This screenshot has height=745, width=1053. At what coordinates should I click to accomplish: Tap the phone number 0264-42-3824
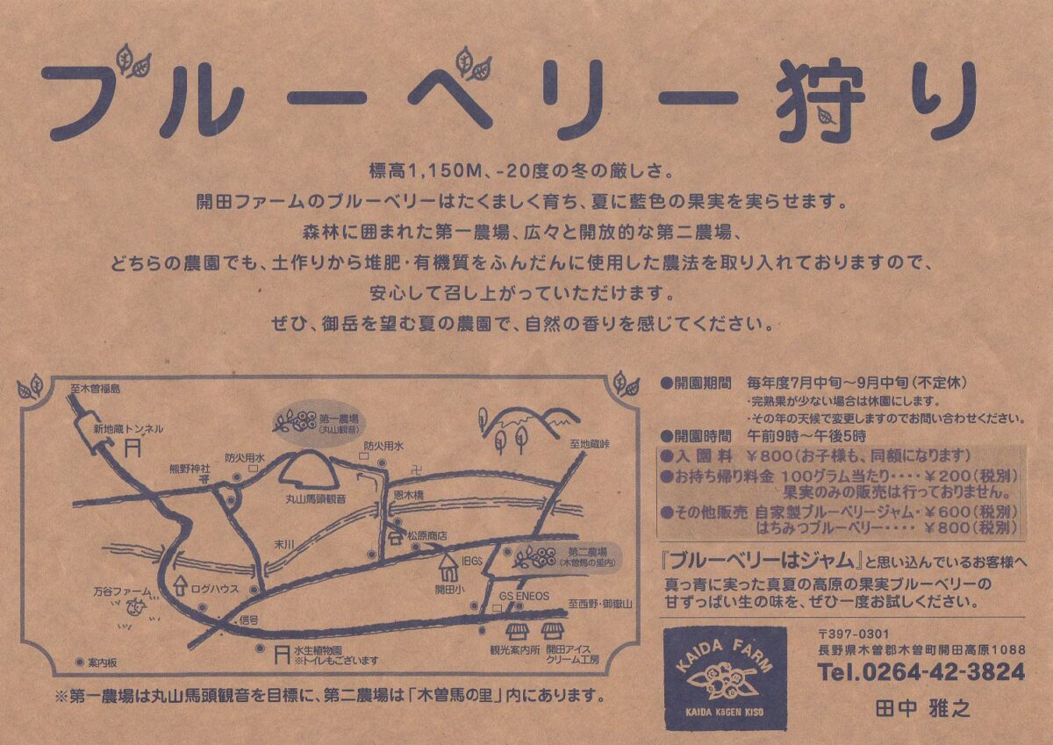click(943, 672)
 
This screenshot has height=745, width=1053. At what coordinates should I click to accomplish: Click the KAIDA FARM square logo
click(726, 678)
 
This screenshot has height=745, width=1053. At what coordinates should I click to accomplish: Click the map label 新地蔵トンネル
click(128, 429)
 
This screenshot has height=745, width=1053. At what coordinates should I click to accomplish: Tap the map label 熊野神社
click(190, 469)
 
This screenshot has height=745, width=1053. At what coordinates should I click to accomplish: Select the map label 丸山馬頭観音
click(316, 499)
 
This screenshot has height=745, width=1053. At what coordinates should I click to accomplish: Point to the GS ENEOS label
click(524, 596)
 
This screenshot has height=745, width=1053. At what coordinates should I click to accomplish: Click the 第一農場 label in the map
click(339, 419)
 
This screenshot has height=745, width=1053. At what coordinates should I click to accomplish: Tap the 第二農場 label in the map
click(587, 552)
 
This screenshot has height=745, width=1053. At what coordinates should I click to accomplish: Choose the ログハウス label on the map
click(215, 589)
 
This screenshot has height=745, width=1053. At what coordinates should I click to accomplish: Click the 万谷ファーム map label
click(122, 591)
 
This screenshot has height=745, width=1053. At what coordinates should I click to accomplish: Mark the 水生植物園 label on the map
click(318, 651)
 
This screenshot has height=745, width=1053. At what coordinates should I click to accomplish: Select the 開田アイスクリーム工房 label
click(572, 655)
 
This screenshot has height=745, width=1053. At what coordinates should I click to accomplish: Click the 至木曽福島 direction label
click(96, 389)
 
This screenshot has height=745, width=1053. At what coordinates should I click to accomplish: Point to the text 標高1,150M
click(426, 170)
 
